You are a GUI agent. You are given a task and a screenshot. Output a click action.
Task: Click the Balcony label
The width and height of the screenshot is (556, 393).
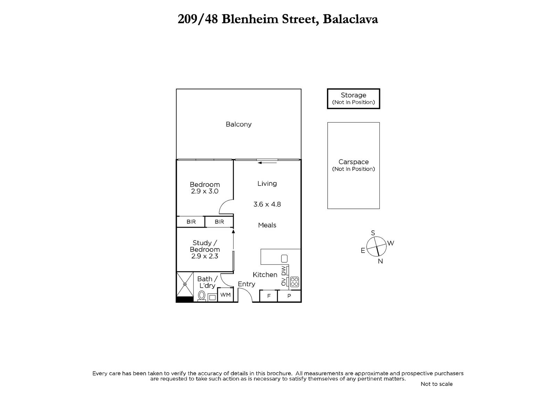tap(238, 124)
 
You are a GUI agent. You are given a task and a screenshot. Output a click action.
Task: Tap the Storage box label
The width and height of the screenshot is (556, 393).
tap(353, 95)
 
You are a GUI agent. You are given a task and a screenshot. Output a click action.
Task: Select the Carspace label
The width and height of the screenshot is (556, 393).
tap(353, 162)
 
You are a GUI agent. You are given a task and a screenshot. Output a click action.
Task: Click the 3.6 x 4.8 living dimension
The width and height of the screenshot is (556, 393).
tap(267, 204)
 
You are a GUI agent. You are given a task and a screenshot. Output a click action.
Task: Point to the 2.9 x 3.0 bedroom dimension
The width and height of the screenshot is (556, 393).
tap(205, 191)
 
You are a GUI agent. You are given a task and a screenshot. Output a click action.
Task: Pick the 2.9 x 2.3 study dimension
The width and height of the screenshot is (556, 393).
tap(205, 256)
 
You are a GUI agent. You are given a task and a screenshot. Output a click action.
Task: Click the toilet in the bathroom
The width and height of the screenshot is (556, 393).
tap(202, 296)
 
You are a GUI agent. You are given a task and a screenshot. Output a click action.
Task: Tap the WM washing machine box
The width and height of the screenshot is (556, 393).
tap(226, 295)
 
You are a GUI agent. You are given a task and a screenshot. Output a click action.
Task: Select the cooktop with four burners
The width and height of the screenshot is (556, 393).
tap(294, 282)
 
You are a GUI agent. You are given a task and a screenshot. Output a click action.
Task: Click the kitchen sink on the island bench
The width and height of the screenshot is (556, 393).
tap(284, 259)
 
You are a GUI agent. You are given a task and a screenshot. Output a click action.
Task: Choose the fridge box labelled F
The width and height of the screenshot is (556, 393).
tap(269, 296)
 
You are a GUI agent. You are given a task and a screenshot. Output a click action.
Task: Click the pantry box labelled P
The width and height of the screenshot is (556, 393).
tap(289, 296)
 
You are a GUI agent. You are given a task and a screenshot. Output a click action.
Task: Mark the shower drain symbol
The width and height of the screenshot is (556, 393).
tap(185, 284)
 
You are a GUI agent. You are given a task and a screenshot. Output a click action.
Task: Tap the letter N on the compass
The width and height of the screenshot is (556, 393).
tap(380, 261)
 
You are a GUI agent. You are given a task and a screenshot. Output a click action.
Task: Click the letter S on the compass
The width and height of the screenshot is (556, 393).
tap(373, 233)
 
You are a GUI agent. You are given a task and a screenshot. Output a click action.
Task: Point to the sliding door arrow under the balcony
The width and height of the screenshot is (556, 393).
tap(267, 163)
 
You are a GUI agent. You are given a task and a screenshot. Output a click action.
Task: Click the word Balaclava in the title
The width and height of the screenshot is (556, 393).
tap(350, 19)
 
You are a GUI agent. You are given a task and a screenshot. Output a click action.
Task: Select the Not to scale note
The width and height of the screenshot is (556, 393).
tap(436, 384)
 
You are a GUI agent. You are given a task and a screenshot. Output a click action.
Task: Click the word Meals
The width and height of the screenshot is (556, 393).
tap(267, 225)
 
